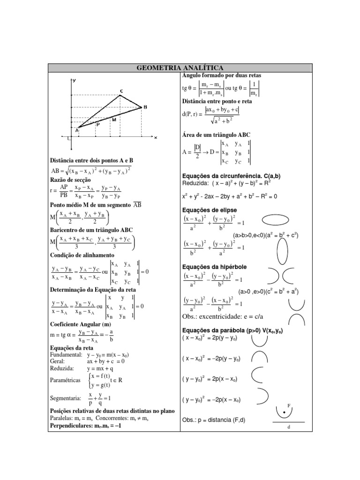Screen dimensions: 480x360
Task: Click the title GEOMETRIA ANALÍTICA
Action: click(x=180, y=68)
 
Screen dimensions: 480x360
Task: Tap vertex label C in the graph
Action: click(x=121, y=91)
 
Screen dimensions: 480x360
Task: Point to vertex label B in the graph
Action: click(x=145, y=107)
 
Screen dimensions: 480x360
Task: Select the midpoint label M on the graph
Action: click(x=114, y=120)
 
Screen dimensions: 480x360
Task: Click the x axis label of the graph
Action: click(x=155, y=137)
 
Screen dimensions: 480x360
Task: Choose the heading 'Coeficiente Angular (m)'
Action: click(x=80, y=324)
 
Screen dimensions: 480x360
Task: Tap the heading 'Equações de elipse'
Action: click(x=209, y=210)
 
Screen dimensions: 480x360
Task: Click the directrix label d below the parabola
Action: click(x=289, y=427)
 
